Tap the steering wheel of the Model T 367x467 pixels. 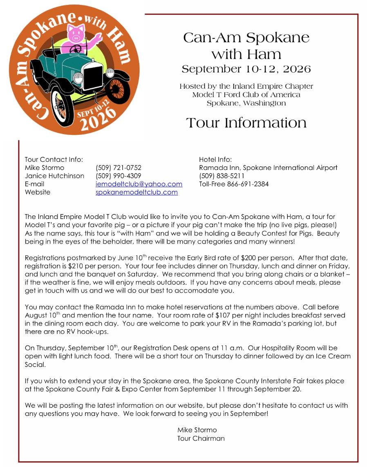tap(75, 49)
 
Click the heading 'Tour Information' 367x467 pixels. tap(246, 123)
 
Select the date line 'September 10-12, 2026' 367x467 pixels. tap(246, 69)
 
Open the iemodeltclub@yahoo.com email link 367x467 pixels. tap(139, 184)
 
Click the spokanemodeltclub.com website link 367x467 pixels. tap(137, 192)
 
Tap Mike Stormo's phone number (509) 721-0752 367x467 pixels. tap(118, 168)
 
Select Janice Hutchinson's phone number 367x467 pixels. tap(118, 176)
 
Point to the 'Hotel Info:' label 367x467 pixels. tap(215, 159)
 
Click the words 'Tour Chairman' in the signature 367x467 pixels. tap(201, 438)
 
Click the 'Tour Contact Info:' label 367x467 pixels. tap(54, 159)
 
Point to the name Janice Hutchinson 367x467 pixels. tap(54, 176)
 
